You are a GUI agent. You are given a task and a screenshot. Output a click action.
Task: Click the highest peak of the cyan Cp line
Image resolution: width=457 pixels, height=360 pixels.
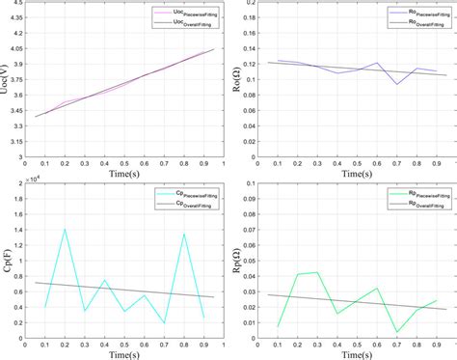pos(65,229)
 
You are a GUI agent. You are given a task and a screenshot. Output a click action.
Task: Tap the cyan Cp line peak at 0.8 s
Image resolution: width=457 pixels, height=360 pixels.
pos(183,234)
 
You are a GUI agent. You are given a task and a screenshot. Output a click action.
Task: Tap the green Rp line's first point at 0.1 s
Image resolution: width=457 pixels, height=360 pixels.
pos(279,326)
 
